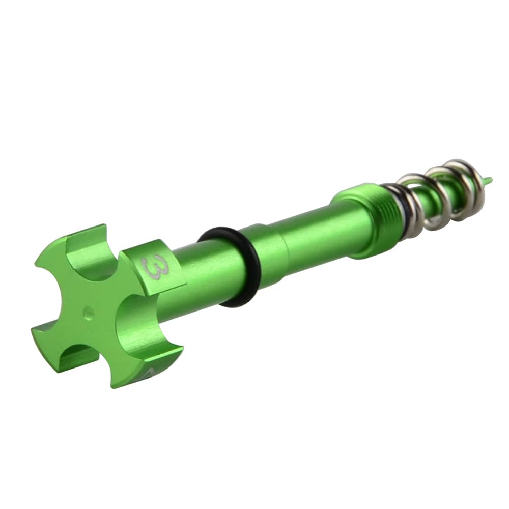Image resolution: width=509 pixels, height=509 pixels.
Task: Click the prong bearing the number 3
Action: pos(153,267)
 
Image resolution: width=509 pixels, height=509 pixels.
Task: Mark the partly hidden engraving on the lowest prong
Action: pos(148,374)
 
